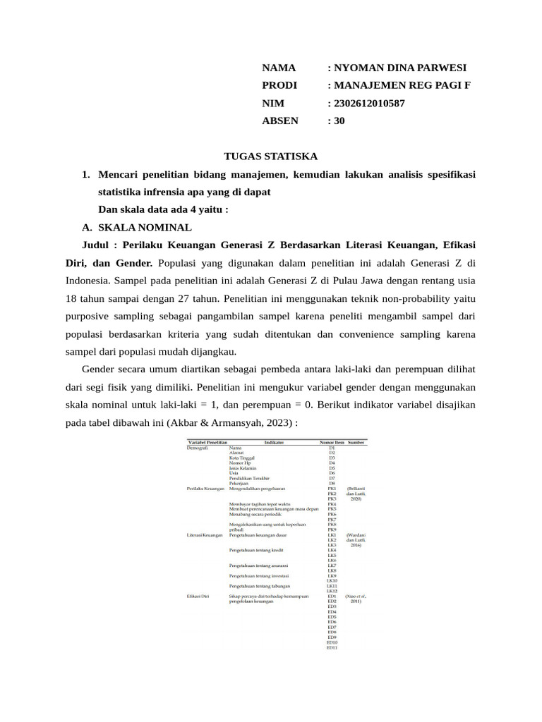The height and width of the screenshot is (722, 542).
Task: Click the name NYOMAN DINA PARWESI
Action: coord(400,68)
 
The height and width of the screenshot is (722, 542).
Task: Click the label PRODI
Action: coord(279,85)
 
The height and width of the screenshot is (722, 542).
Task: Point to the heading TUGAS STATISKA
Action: coord(270,156)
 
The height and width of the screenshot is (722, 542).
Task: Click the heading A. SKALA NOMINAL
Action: coord(137,228)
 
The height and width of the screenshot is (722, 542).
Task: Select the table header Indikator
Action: coord(274,442)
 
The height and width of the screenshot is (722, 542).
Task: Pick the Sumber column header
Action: coord(356,442)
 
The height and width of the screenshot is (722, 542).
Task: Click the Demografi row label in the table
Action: coord(198,448)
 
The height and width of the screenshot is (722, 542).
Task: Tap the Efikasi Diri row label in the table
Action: coord(198,596)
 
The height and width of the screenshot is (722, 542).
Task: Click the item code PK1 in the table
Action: coord(332,488)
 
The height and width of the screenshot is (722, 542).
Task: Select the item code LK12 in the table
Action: coord(332,591)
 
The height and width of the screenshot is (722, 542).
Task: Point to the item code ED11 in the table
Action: coord(332,647)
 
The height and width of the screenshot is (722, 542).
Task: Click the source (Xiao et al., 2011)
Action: coord(356,599)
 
